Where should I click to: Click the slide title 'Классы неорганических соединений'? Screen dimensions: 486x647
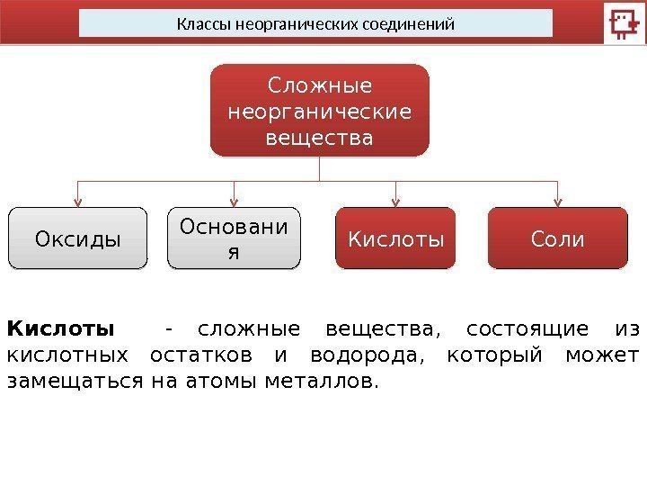(x=315, y=22)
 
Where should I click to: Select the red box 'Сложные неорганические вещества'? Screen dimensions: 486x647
(x=320, y=110)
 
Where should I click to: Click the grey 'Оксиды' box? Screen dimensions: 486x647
(x=77, y=239)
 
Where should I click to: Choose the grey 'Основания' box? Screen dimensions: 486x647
(x=235, y=238)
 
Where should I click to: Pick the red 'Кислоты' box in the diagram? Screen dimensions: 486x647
(x=396, y=239)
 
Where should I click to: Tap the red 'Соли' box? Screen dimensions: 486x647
(x=558, y=239)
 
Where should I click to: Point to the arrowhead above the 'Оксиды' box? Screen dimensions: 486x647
(x=78, y=202)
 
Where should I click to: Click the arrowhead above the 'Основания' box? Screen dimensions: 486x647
(x=235, y=202)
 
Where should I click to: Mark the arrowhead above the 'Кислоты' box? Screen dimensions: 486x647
(x=396, y=202)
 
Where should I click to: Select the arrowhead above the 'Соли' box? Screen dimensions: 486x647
(x=558, y=202)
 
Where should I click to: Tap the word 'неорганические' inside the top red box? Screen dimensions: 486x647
(x=320, y=113)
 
